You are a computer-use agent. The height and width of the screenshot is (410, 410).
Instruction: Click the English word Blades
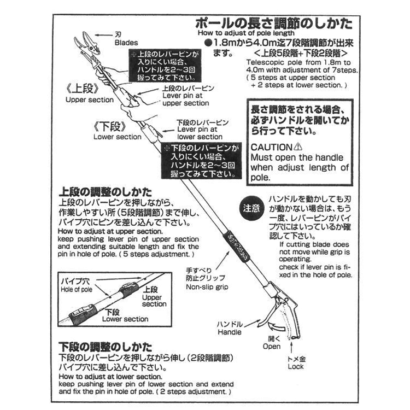point(126,43)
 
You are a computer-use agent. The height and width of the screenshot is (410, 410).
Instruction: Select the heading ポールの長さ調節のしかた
point(274,25)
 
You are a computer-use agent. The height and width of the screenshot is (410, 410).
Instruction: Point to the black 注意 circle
point(252,208)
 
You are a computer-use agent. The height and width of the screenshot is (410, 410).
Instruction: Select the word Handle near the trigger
point(230,332)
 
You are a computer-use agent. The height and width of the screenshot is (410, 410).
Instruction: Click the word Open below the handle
point(271,347)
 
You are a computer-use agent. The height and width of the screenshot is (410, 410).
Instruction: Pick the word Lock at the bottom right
point(296,367)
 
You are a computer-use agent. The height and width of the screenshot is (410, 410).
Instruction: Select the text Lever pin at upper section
point(186,99)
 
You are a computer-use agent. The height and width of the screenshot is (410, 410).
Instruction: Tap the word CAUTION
point(272,147)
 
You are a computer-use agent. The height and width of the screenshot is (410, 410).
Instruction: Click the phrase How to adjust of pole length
point(243,33)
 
